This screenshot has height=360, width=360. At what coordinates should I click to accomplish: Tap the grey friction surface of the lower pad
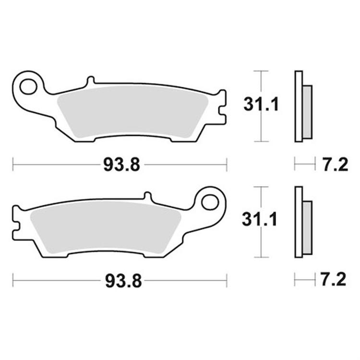pos(106,229)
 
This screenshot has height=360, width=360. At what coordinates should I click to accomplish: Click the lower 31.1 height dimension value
pos(261,220)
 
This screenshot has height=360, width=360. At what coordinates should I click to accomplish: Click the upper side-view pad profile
pos(299,107)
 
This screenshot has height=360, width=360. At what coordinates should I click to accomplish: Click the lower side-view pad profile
pos(299,221)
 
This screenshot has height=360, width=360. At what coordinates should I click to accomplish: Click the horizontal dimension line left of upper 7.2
pos(302,166)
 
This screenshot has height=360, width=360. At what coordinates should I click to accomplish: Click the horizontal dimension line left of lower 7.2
pos(302,280)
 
